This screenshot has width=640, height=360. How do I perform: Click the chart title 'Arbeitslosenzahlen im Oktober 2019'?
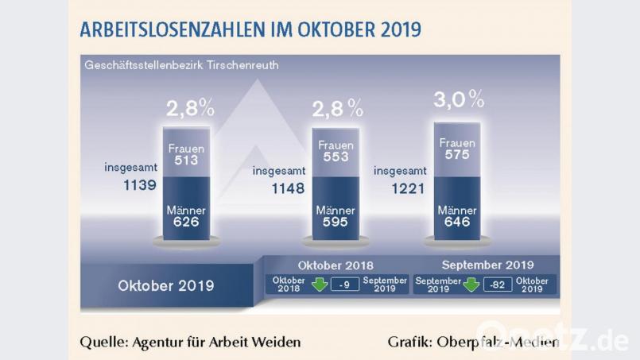pyautogui.click(x=250, y=29)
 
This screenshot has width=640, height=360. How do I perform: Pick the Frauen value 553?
pyautogui.click(x=336, y=158)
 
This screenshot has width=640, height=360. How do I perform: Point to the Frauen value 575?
pyautogui.click(x=457, y=156)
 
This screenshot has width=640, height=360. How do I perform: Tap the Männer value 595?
pyautogui.click(x=336, y=223)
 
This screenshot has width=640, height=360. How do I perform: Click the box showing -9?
pyautogui.click(x=344, y=285)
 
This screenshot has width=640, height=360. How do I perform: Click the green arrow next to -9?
pyautogui.click(x=320, y=285)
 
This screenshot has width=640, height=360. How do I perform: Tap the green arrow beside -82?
pyautogui.click(x=471, y=285)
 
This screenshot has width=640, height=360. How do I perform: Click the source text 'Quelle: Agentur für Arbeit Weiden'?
pyautogui.click(x=190, y=342)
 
